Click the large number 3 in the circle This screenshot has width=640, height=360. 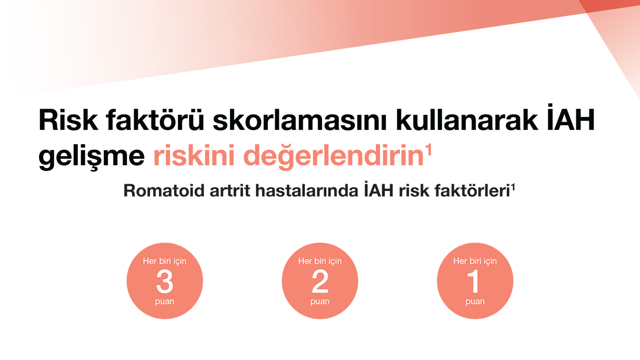[x=165, y=283]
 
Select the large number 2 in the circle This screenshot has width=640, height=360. [x=320, y=283]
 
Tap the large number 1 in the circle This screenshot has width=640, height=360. [x=475, y=283]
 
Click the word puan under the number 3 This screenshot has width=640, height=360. [x=165, y=302]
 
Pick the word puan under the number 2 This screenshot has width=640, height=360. [x=320, y=302]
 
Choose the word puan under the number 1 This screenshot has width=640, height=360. [x=475, y=302]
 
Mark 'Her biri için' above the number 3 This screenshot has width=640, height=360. [x=165, y=261]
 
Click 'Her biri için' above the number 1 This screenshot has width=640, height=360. [x=475, y=261]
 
